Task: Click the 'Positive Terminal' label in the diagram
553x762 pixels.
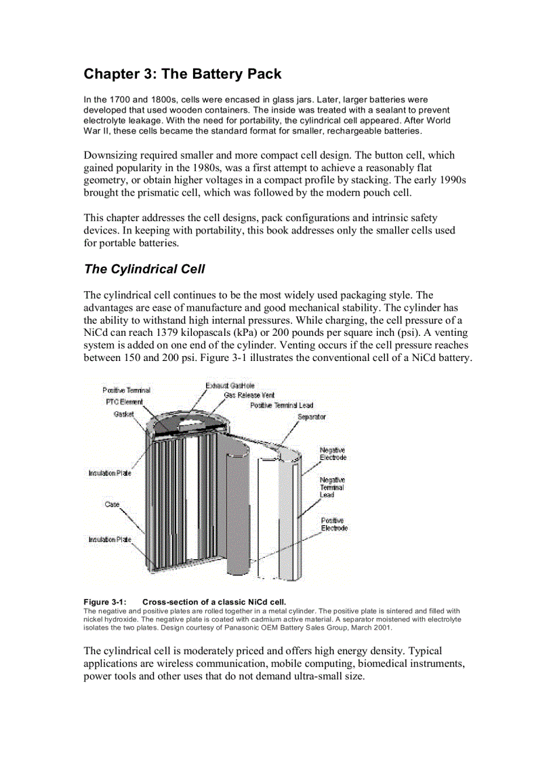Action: (126, 390)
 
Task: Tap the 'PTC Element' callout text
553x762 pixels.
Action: (124, 402)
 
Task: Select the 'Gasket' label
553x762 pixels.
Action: (123, 413)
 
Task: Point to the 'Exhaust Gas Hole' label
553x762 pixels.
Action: (230, 385)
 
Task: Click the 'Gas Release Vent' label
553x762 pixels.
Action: (249, 395)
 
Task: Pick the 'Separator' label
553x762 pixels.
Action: (312, 417)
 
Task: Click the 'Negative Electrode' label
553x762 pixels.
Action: (332, 454)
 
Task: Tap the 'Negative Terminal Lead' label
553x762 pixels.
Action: (332, 487)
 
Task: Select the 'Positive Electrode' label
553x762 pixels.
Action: (334, 525)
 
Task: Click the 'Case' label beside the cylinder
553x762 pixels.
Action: (112, 504)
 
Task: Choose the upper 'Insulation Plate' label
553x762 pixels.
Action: (110, 473)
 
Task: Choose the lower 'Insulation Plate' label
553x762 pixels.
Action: (110, 539)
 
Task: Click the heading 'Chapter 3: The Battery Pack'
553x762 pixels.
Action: (182, 73)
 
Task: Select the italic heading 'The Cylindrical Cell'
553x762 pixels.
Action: (144, 269)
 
